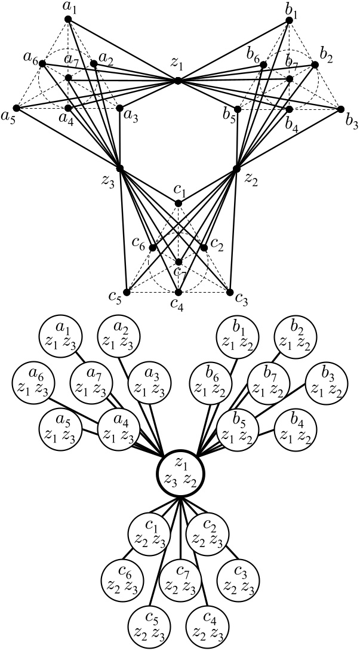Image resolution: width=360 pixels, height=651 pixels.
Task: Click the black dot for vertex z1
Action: pos(178,81)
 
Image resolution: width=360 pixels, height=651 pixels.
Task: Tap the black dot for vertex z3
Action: pos(120,169)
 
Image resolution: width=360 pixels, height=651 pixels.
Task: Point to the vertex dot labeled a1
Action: pos(68,20)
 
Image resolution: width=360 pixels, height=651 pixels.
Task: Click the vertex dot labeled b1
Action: pos(290,20)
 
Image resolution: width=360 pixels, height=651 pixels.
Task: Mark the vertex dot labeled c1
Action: pos(179,204)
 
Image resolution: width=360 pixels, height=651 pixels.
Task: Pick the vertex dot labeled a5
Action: pos(17,109)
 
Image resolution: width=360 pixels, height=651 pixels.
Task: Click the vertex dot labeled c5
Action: pos(127,292)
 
